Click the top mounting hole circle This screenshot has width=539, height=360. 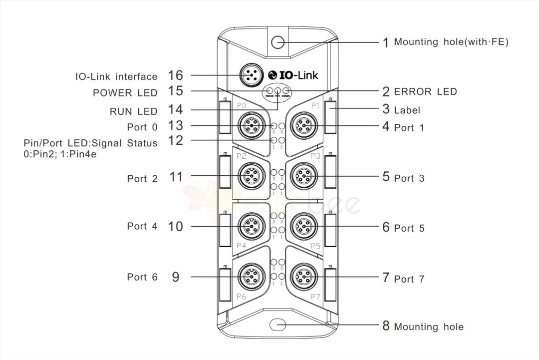click(277, 42)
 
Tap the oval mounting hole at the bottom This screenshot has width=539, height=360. click(277, 325)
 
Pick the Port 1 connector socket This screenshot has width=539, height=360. click(303, 125)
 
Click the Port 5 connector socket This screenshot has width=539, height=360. click(303, 226)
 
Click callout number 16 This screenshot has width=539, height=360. click(175, 75)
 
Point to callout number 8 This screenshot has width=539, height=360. click(386, 326)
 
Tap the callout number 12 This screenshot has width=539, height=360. click(175, 141)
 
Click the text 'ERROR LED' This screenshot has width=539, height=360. click(425, 91)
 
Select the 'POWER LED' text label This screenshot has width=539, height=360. click(125, 93)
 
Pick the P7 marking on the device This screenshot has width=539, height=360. click(315, 297)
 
